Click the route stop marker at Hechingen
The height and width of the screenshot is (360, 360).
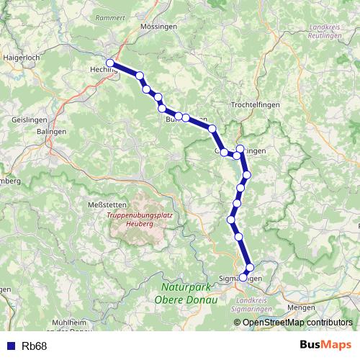pos(109,63)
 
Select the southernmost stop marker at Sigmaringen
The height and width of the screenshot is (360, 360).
pos(243,277)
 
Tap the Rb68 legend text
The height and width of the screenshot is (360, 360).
pos(35,346)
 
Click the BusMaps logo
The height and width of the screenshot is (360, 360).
pos(325,345)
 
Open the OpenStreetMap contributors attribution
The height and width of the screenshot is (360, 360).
pos(297,323)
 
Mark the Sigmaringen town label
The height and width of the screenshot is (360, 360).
pos(238,278)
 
